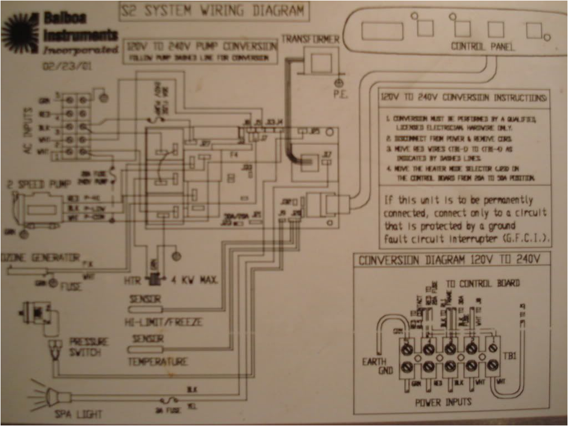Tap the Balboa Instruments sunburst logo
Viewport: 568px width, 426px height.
[x=20, y=34]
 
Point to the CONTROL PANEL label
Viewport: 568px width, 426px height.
[x=483, y=47]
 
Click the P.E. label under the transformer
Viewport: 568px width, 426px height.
[x=339, y=94]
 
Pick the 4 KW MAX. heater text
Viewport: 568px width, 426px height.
[x=194, y=280]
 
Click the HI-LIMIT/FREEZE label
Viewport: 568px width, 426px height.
[x=165, y=322]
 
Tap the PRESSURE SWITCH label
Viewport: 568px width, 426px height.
[x=88, y=347]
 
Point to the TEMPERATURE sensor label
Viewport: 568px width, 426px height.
[x=158, y=362]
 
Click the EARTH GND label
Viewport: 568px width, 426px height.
[x=378, y=366]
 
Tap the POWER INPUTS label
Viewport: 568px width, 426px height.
[x=444, y=402]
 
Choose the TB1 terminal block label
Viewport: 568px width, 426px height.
[x=511, y=356]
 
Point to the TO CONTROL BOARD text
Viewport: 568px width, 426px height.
[x=483, y=283]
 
